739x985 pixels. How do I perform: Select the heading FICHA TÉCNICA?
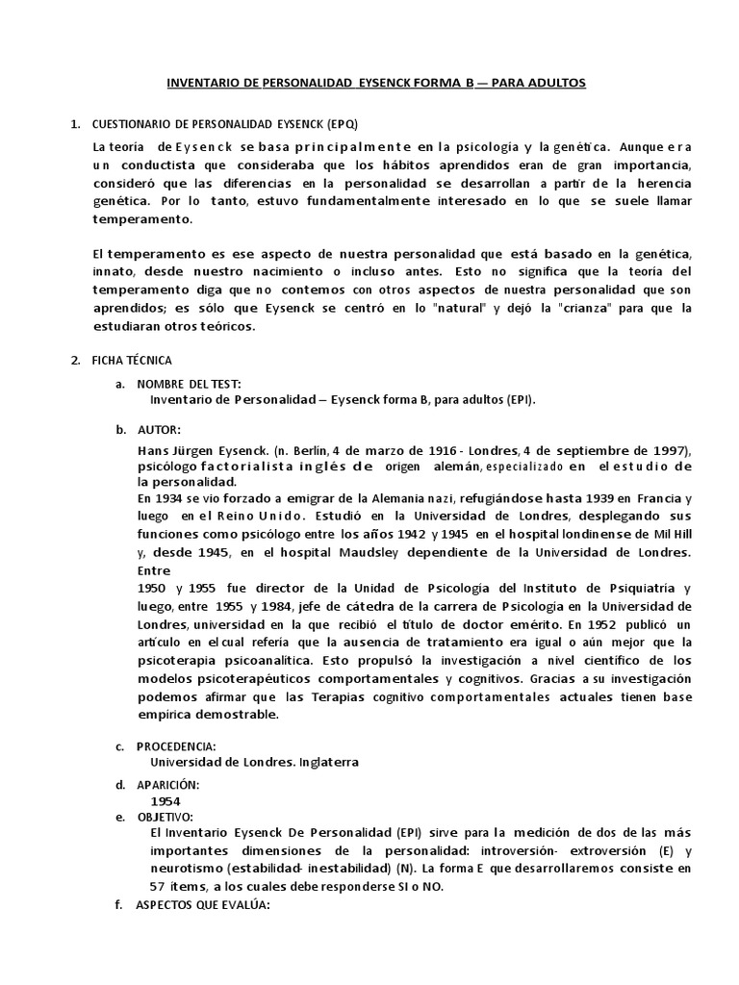(132, 360)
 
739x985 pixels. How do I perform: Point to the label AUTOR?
(159, 427)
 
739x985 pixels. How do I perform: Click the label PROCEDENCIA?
(177, 746)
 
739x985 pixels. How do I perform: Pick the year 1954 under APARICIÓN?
(165, 800)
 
